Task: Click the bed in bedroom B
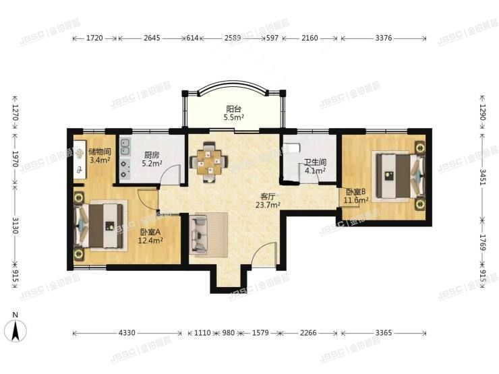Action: coord(399,175)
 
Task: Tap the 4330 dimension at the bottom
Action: coord(127,333)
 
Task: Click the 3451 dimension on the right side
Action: coord(483,177)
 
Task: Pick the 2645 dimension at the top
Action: coord(152,40)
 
